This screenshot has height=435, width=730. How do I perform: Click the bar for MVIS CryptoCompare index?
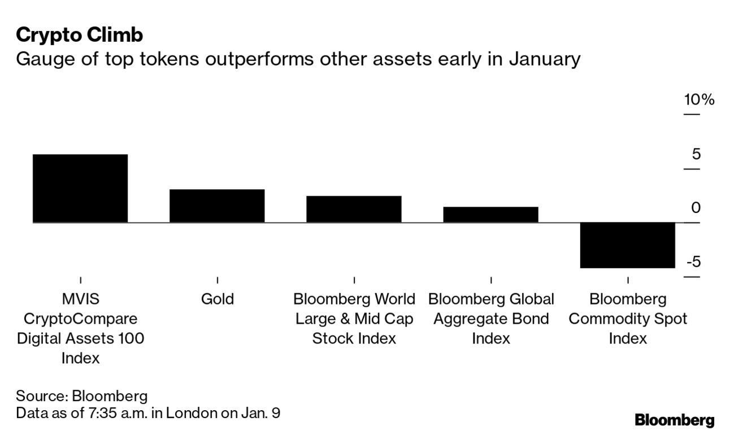click(x=80, y=188)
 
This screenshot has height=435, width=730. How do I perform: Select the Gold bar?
click(x=217, y=206)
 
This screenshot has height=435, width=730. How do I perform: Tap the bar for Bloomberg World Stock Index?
click(x=354, y=209)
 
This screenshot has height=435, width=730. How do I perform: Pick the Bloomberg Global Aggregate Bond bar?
click(x=490, y=215)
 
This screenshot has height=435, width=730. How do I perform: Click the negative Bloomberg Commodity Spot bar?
click(x=628, y=245)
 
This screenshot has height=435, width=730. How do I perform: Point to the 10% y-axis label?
click(x=699, y=100)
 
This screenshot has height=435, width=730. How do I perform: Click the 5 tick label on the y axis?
click(x=696, y=154)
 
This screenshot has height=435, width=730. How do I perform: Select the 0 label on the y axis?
click(x=696, y=208)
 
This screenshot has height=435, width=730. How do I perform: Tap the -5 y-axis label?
click(x=693, y=262)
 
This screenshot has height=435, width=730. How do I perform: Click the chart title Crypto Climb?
click(x=79, y=35)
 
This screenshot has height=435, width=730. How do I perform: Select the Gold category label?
click(x=218, y=299)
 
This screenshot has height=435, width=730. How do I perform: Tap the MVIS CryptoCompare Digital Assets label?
click(x=81, y=328)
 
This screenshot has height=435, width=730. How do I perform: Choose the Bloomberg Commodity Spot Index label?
click(x=628, y=319)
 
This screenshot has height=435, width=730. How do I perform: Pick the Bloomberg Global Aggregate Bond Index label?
click(x=491, y=319)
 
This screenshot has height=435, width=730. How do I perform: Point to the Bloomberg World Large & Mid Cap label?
click(x=354, y=319)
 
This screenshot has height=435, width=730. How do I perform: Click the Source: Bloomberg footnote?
click(x=81, y=395)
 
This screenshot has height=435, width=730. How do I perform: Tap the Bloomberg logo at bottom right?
click(x=674, y=420)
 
